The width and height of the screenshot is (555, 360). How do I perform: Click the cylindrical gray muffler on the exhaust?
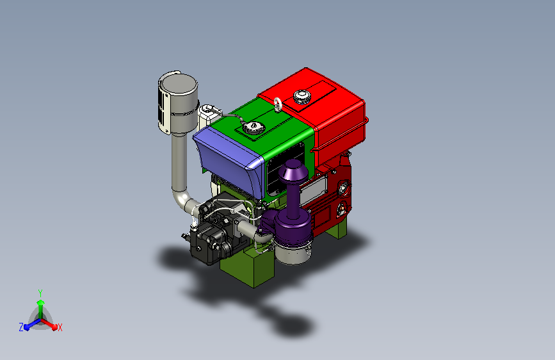coord(178,102)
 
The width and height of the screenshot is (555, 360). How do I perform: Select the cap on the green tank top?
coord(253,127)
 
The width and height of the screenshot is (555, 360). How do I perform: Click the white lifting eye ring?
coord(278,104)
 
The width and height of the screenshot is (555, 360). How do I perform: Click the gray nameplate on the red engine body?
coord(312,192)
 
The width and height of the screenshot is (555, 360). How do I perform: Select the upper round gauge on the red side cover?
coord(343,188)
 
